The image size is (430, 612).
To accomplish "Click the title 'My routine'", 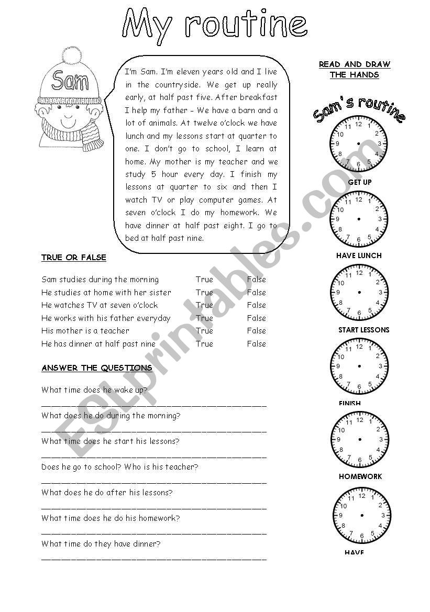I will click(x=215, y=25).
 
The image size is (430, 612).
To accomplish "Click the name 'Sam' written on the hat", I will click(x=70, y=81).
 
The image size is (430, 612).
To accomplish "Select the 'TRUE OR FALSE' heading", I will click(x=74, y=258).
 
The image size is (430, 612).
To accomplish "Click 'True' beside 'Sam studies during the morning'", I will click(x=204, y=280).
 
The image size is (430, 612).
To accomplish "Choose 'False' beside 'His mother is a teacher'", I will click(x=257, y=331).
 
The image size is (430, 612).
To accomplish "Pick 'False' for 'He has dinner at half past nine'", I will click(x=257, y=344).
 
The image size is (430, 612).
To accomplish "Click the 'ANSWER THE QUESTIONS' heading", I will click(x=97, y=368).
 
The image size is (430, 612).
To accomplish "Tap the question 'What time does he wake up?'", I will click(x=94, y=390).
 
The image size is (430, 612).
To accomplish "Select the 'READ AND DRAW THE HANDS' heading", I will click(x=355, y=69).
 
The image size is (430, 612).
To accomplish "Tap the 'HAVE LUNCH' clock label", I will click(x=359, y=255).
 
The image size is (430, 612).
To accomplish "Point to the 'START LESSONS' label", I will click(x=364, y=330).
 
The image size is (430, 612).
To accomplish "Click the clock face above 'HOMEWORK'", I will click(x=360, y=439).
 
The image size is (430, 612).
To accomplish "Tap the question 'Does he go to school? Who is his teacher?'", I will click(x=120, y=467).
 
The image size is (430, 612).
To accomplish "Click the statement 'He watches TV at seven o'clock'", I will click(x=100, y=305).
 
